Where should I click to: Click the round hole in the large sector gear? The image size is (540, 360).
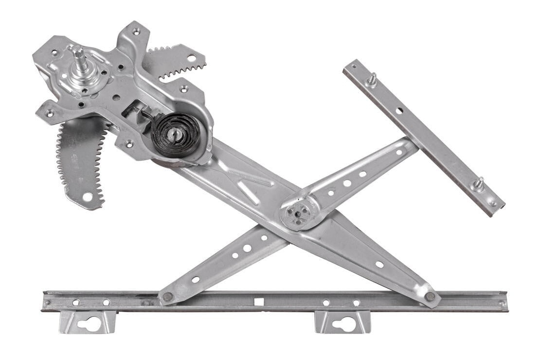(x=87, y=197)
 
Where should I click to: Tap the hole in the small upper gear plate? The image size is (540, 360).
(x=191, y=58)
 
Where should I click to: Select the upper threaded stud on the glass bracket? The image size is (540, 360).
(x=372, y=79)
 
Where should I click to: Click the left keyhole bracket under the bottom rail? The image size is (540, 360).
(x=88, y=323)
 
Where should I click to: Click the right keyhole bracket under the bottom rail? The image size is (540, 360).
(x=343, y=323)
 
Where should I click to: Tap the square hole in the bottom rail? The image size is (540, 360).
(x=259, y=302)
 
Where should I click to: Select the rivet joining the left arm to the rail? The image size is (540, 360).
(x=167, y=296)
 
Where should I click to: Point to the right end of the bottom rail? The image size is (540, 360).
(x=504, y=302)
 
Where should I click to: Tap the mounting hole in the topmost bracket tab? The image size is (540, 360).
(x=136, y=31)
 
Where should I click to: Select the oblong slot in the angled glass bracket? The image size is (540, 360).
(x=399, y=110)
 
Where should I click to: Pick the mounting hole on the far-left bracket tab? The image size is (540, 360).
(x=50, y=113)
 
